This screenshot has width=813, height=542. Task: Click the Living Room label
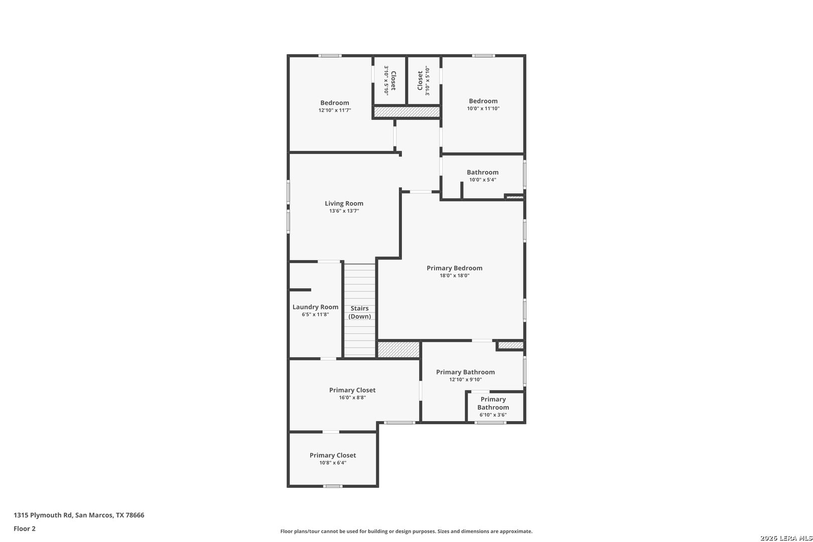click(x=344, y=203)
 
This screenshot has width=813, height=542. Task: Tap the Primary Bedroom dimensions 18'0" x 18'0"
click(x=454, y=276)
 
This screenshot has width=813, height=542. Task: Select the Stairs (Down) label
click(x=359, y=312)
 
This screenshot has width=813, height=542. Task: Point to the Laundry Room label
click(x=315, y=307)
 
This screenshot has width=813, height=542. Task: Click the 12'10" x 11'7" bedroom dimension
click(x=335, y=110)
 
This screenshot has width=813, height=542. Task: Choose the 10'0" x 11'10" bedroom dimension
click(x=483, y=108)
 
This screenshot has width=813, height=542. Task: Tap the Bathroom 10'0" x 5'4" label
click(x=483, y=176)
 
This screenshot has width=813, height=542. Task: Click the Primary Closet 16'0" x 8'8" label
click(x=352, y=393)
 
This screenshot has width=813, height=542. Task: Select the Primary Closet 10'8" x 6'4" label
click(x=332, y=459)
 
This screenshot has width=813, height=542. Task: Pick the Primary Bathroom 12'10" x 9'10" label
click(x=465, y=376)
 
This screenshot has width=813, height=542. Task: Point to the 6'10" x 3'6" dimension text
click(x=493, y=415)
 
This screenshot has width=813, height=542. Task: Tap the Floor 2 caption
click(x=25, y=528)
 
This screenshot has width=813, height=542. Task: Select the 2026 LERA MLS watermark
click(x=786, y=538)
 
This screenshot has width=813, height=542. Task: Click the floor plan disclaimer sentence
click(x=406, y=531)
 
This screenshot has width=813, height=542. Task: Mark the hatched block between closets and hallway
click(x=407, y=112)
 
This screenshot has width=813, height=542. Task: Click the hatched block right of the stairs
click(x=398, y=349)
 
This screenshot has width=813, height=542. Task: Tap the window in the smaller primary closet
click(x=332, y=486)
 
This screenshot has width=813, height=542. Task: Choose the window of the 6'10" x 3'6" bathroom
click(x=490, y=423)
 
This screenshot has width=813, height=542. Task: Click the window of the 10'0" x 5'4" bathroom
click(x=524, y=175)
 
